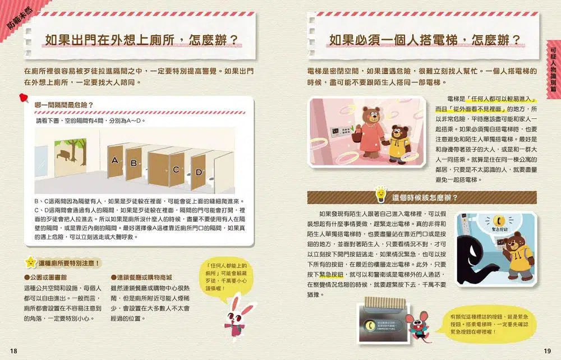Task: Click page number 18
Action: [x=14, y=350]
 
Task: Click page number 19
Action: [x=547, y=350]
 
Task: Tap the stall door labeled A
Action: [x=115, y=161]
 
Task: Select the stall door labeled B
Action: [x=134, y=163]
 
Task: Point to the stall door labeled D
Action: [x=199, y=173]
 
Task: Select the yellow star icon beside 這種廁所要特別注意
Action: [x=30, y=262]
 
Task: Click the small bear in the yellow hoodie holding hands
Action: [x=399, y=146]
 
